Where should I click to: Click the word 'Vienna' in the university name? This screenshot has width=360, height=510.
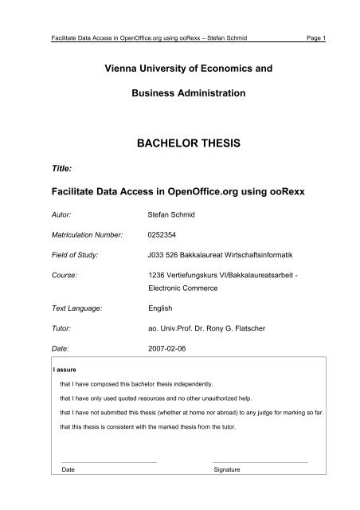click(x=110, y=69)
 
